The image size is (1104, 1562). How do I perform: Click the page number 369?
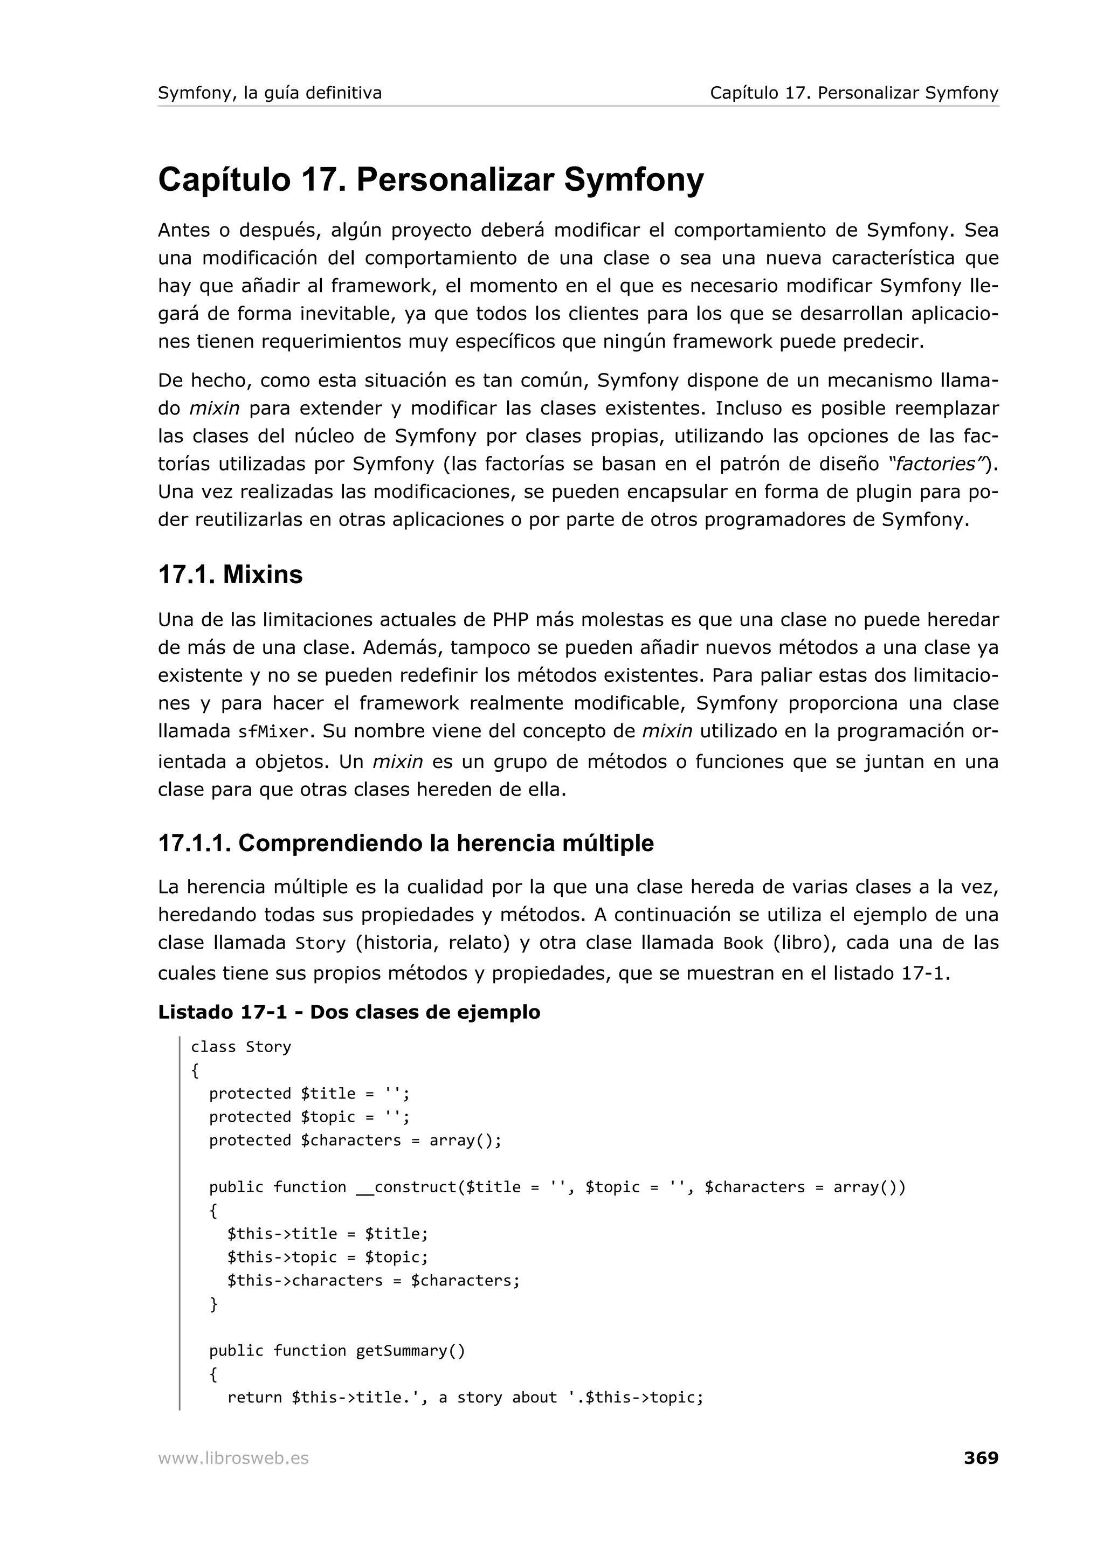[980, 1458]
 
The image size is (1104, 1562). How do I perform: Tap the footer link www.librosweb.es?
[233, 1459]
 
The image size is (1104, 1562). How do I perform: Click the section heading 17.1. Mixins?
[230, 575]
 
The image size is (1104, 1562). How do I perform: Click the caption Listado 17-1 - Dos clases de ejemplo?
[349, 1012]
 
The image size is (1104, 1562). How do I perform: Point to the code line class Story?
[241, 1047]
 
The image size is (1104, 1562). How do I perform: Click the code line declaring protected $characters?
[354, 1140]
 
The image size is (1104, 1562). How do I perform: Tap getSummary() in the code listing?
[410, 1350]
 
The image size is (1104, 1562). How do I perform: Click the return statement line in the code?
[465, 1398]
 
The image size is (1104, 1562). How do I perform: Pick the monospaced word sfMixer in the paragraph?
[273, 732]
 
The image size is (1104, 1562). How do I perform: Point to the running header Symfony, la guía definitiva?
[270, 93]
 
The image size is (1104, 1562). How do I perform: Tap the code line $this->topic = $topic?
[327, 1257]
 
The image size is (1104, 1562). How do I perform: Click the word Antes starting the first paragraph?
[184, 231]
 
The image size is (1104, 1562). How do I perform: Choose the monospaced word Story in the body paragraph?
[320, 944]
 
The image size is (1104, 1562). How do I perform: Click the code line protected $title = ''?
[309, 1093]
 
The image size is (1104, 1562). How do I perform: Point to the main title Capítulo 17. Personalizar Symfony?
[431, 179]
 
